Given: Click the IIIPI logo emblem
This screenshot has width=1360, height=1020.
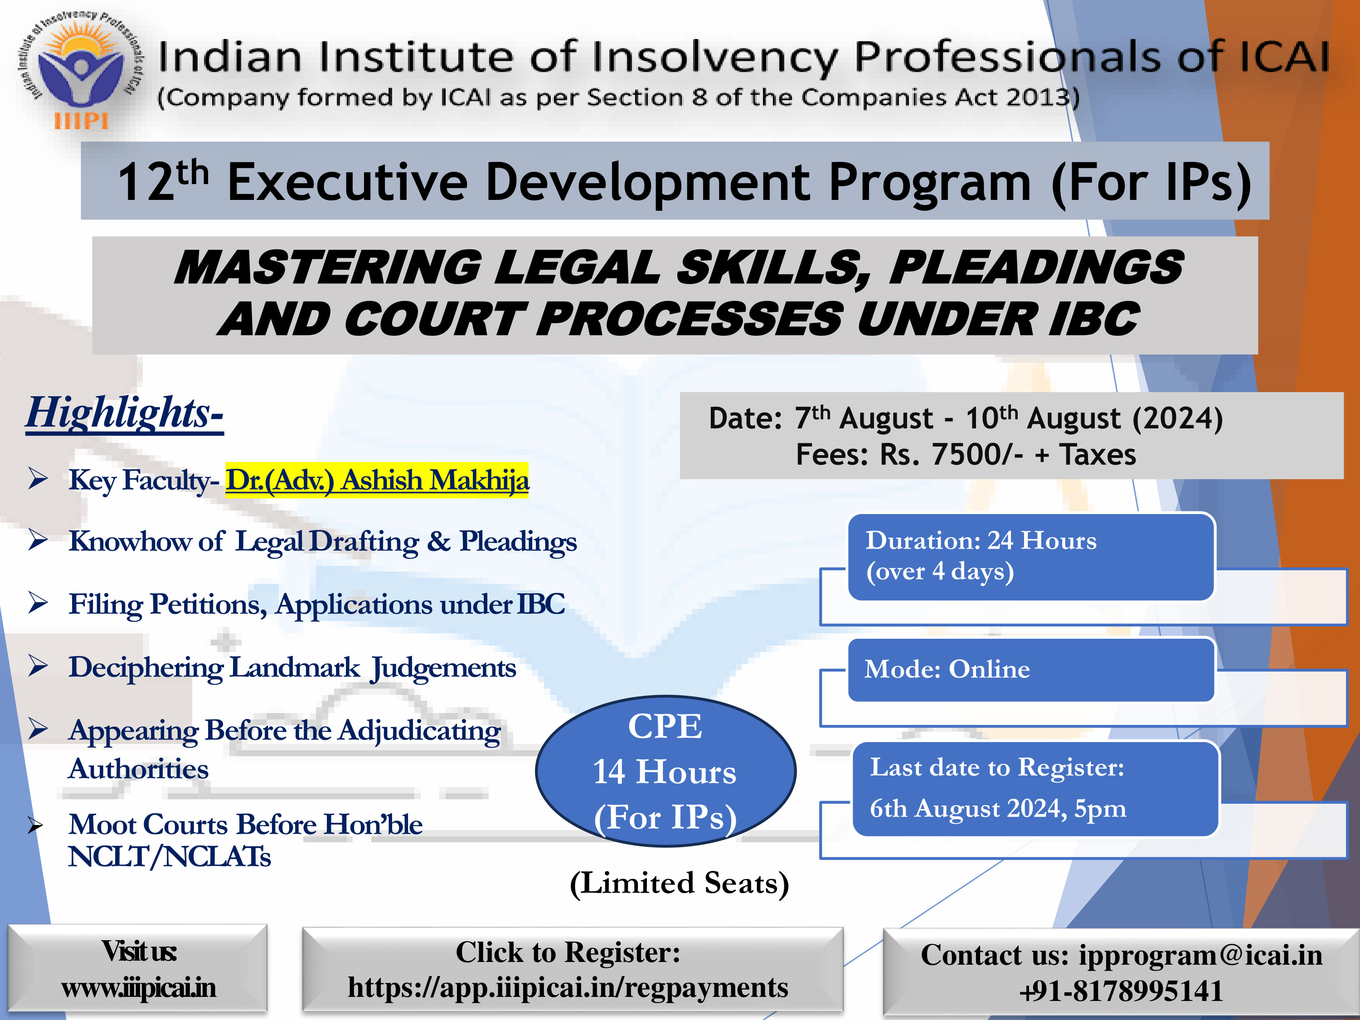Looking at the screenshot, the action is click(x=80, y=71).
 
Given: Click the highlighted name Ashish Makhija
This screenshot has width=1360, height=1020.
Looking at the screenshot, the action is click(x=435, y=480).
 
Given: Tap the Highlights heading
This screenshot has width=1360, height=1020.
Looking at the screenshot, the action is click(x=124, y=413).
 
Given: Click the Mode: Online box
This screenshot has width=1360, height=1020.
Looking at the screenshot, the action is click(x=1031, y=670).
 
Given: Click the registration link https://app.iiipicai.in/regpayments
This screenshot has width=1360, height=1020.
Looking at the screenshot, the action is click(x=568, y=987).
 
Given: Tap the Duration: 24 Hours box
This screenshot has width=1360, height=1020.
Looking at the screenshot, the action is click(x=1031, y=556).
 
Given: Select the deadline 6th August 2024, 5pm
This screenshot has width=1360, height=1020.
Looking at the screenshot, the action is click(x=998, y=808).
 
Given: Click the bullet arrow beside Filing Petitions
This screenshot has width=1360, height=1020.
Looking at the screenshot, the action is click(x=38, y=602).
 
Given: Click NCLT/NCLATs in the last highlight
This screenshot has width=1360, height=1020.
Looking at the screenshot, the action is click(x=169, y=856).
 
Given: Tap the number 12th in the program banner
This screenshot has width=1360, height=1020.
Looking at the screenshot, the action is click(x=163, y=181).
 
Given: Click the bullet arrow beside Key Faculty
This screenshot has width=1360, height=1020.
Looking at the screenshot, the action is click(x=38, y=478).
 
